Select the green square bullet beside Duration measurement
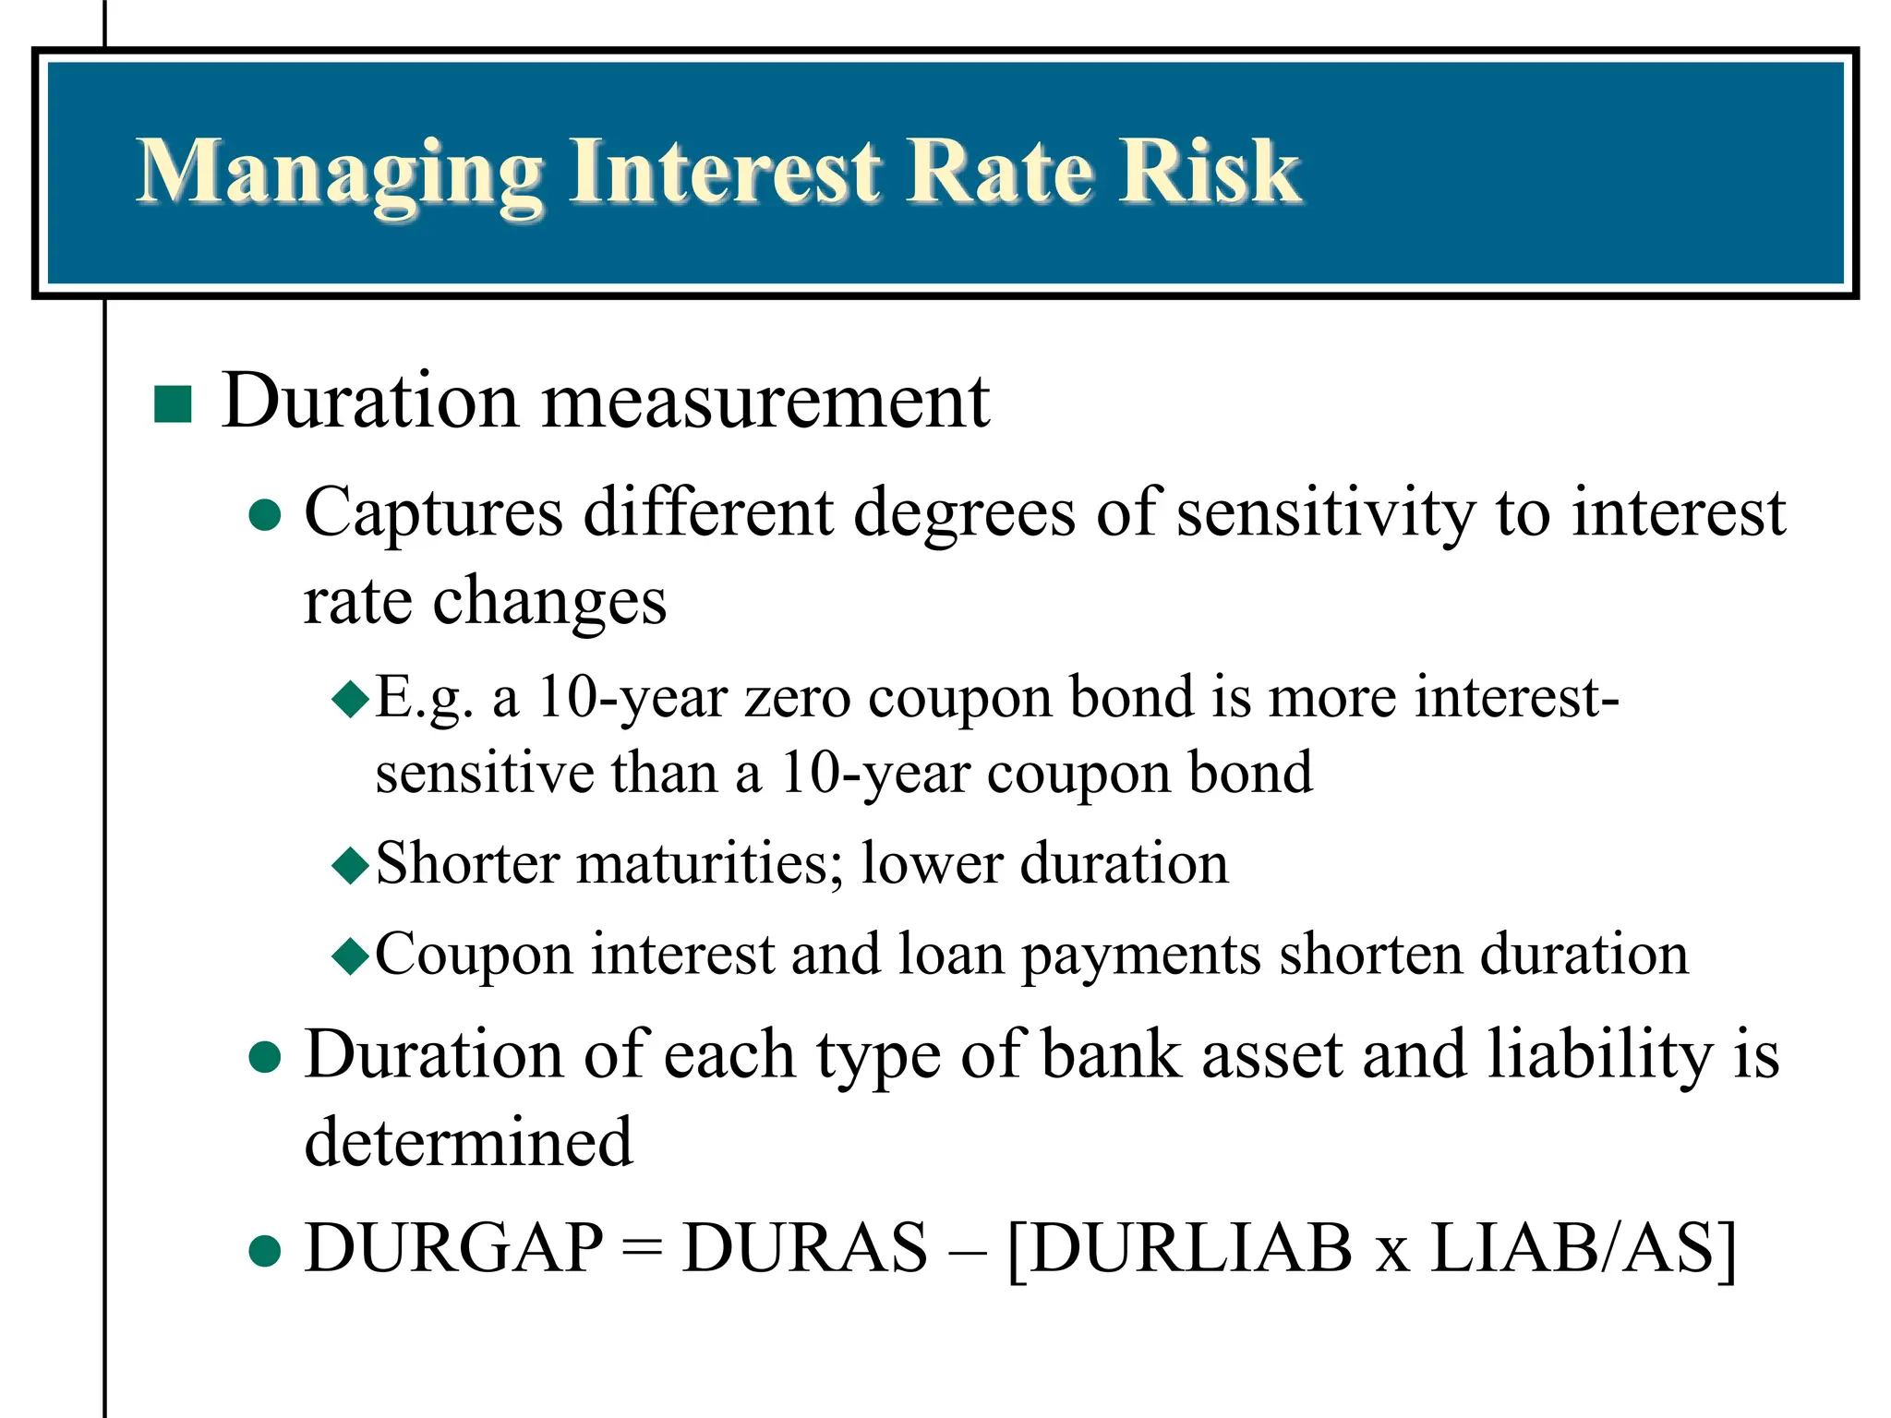(x=173, y=404)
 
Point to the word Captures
(x=433, y=514)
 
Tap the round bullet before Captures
(x=265, y=515)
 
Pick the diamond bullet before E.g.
(x=351, y=700)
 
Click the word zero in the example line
(x=798, y=698)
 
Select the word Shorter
(x=467, y=864)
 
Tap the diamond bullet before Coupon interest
(x=351, y=956)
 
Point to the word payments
(x=1140, y=956)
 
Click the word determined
(x=469, y=1143)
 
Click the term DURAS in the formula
(x=804, y=1248)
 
